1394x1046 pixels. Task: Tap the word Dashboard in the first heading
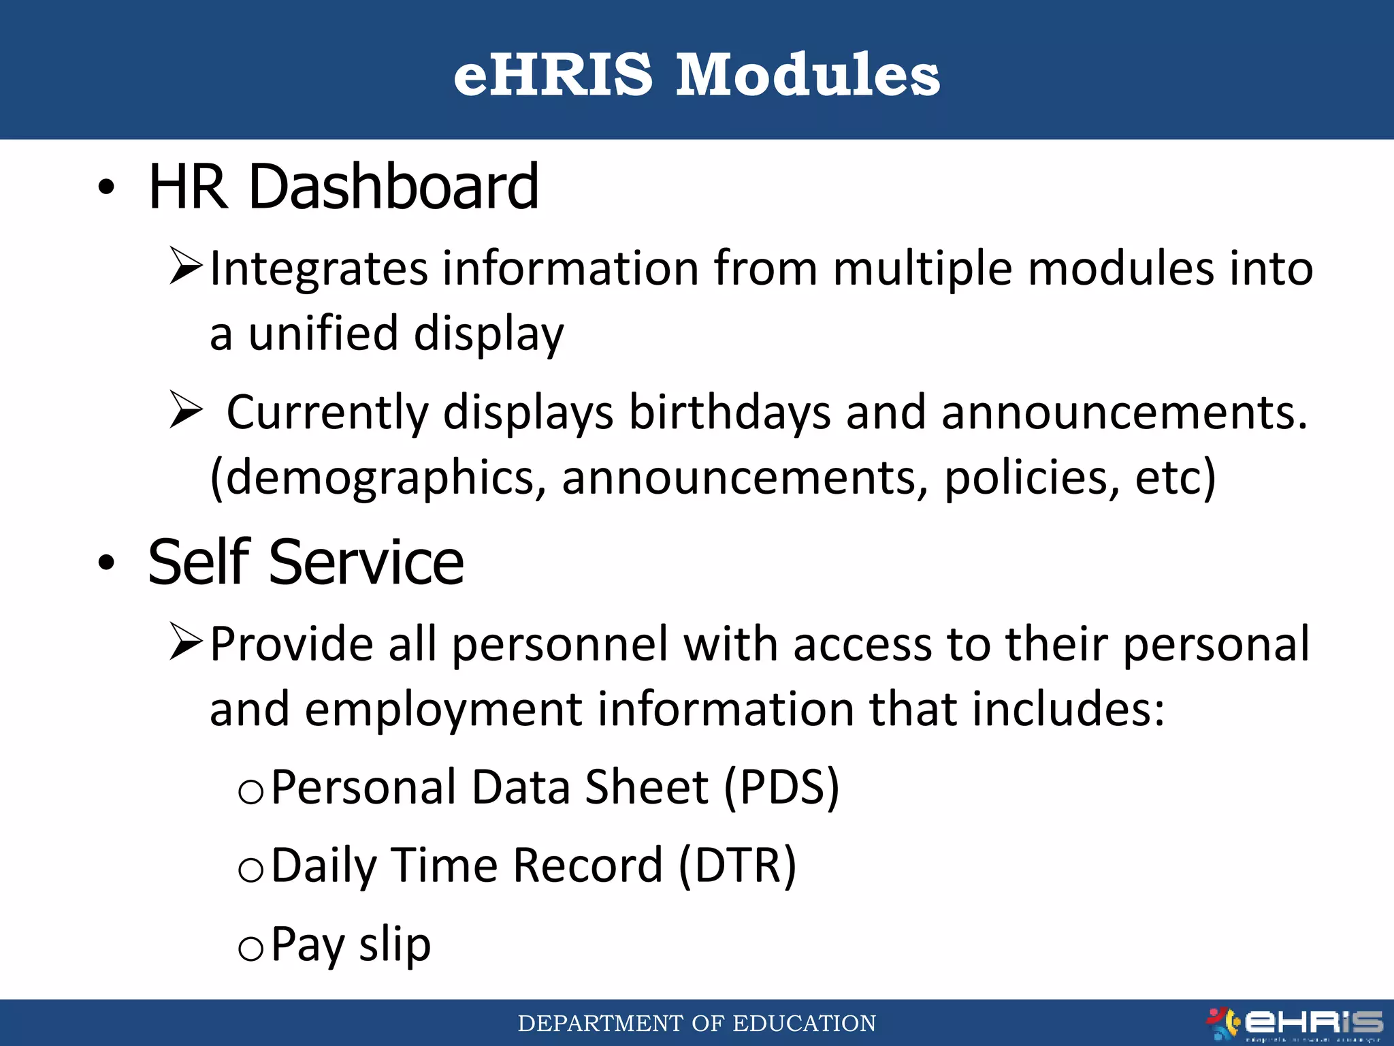click(x=393, y=187)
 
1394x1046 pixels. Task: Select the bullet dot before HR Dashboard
click(x=106, y=187)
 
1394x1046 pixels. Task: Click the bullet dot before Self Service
click(x=106, y=562)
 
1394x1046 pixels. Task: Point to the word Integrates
click(x=319, y=268)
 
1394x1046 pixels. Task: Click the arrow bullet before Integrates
click(x=185, y=266)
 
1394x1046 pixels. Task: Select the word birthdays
click(x=729, y=413)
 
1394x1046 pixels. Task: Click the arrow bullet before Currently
click(x=185, y=410)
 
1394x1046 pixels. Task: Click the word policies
click(x=1031, y=478)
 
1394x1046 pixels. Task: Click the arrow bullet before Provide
click(x=185, y=642)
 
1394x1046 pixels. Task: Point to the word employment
click(x=443, y=710)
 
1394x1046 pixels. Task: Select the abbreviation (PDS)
click(x=781, y=788)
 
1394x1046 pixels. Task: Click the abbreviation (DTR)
click(x=737, y=866)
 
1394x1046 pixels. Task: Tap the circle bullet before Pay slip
click(x=250, y=948)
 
